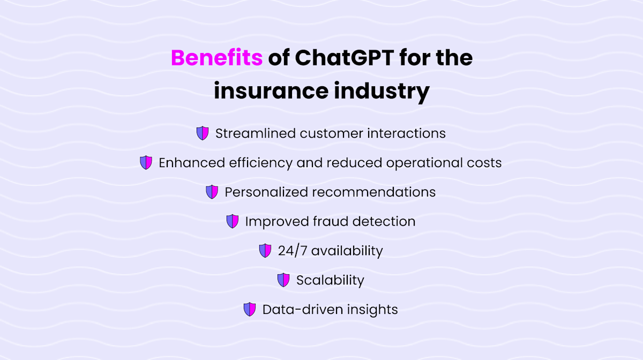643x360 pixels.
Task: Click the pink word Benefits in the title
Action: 216,58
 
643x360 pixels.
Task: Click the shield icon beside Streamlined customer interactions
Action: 202,133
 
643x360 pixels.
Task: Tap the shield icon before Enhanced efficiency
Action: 146,163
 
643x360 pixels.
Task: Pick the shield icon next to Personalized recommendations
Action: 212,192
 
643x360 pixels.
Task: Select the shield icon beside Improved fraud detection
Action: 232,221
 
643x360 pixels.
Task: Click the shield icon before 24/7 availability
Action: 265,250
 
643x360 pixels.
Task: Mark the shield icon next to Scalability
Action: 283,280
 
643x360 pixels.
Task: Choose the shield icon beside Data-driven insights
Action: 249,309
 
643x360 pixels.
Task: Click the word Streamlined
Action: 255,133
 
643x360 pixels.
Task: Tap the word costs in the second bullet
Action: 484,163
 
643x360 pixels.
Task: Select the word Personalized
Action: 266,192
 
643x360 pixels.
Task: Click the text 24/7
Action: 292,250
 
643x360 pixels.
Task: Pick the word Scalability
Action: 330,280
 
